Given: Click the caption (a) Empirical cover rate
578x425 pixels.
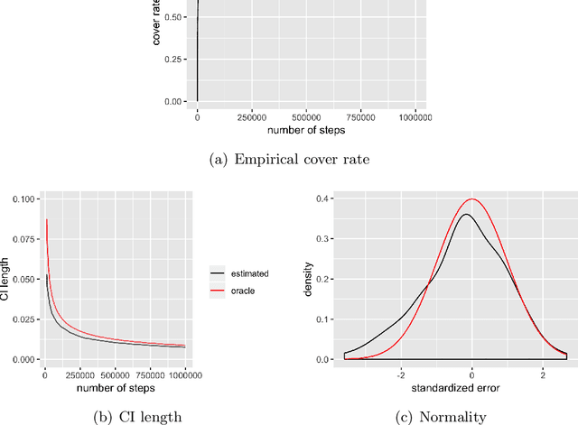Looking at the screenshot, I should [x=288, y=159].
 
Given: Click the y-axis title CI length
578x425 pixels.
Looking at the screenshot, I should [x=7, y=279].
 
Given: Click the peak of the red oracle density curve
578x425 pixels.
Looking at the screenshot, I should [x=471, y=199].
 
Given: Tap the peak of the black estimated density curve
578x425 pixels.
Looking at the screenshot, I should [x=465, y=214].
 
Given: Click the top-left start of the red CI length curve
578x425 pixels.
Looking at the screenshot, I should [x=47, y=219].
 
